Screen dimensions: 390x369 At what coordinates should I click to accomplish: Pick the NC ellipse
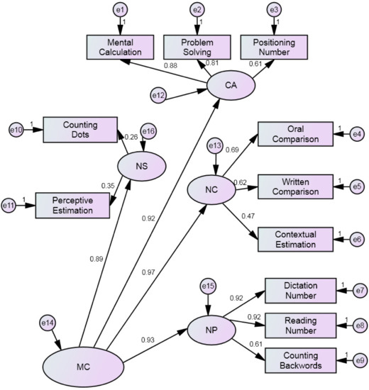[x=211, y=189]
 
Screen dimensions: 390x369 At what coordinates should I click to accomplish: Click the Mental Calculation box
[x=121, y=48]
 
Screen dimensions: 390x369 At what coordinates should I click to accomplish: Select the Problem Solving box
[x=197, y=48]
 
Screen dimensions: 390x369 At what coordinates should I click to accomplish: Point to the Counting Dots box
[x=79, y=129]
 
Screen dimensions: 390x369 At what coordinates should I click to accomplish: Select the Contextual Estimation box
[x=295, y=239]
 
